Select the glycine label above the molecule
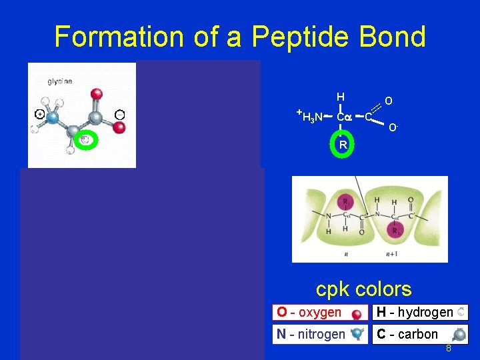pyautogui.click(x=59, y=81)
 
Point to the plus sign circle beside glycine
pyautogui.click(x=40, y=114)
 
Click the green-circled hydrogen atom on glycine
pyautogui.click(x=85, y=139)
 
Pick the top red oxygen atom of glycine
pyautogui.click(x=96, y=93)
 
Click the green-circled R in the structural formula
pyautogui.click(x=342, y=145)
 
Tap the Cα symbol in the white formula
pyautogui.click(x=343, y=118)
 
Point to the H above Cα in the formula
pyautogui.click(x=340, y=97)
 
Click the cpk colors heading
pyautogui.click(x=363, y=289)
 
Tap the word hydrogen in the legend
pyautogui.click(x=421, y=312)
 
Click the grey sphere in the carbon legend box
pyautogui.click(x=459, y=335)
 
